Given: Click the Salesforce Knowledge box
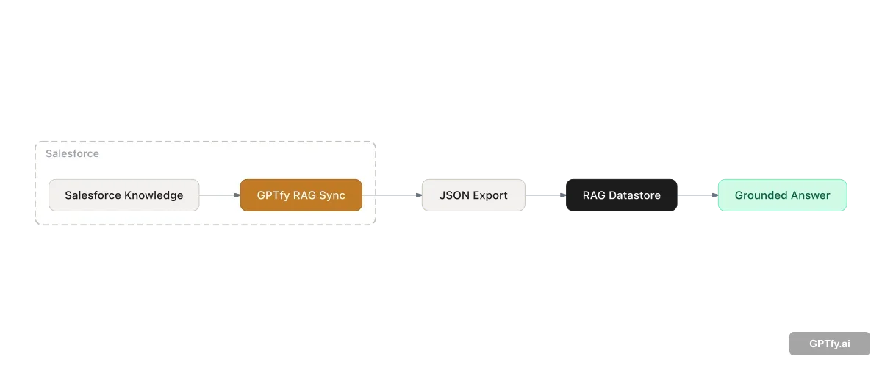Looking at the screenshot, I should [123, 195].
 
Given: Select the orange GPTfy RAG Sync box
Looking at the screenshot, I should [301, 195].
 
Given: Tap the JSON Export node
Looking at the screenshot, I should [473, 195].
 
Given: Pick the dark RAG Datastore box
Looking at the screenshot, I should [621, 195].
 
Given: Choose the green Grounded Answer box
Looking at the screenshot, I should [782, 195].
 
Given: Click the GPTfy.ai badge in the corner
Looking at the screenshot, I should [829, 344].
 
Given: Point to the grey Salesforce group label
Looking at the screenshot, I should [72, 154].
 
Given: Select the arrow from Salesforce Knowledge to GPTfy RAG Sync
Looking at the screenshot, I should [219, 195].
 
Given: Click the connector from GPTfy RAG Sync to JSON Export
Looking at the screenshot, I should [397, 196].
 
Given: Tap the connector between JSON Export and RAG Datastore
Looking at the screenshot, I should [545, 196].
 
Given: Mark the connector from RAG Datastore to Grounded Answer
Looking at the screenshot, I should [698, 196].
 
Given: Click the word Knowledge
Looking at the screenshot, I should [154, 195].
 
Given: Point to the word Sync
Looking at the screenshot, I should [332, 195].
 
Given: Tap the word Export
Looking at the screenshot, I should [490, 195].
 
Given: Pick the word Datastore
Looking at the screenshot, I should [634, 195].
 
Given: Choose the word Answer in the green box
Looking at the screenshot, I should [811, 195].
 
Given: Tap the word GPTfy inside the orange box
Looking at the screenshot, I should [273, 195].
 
